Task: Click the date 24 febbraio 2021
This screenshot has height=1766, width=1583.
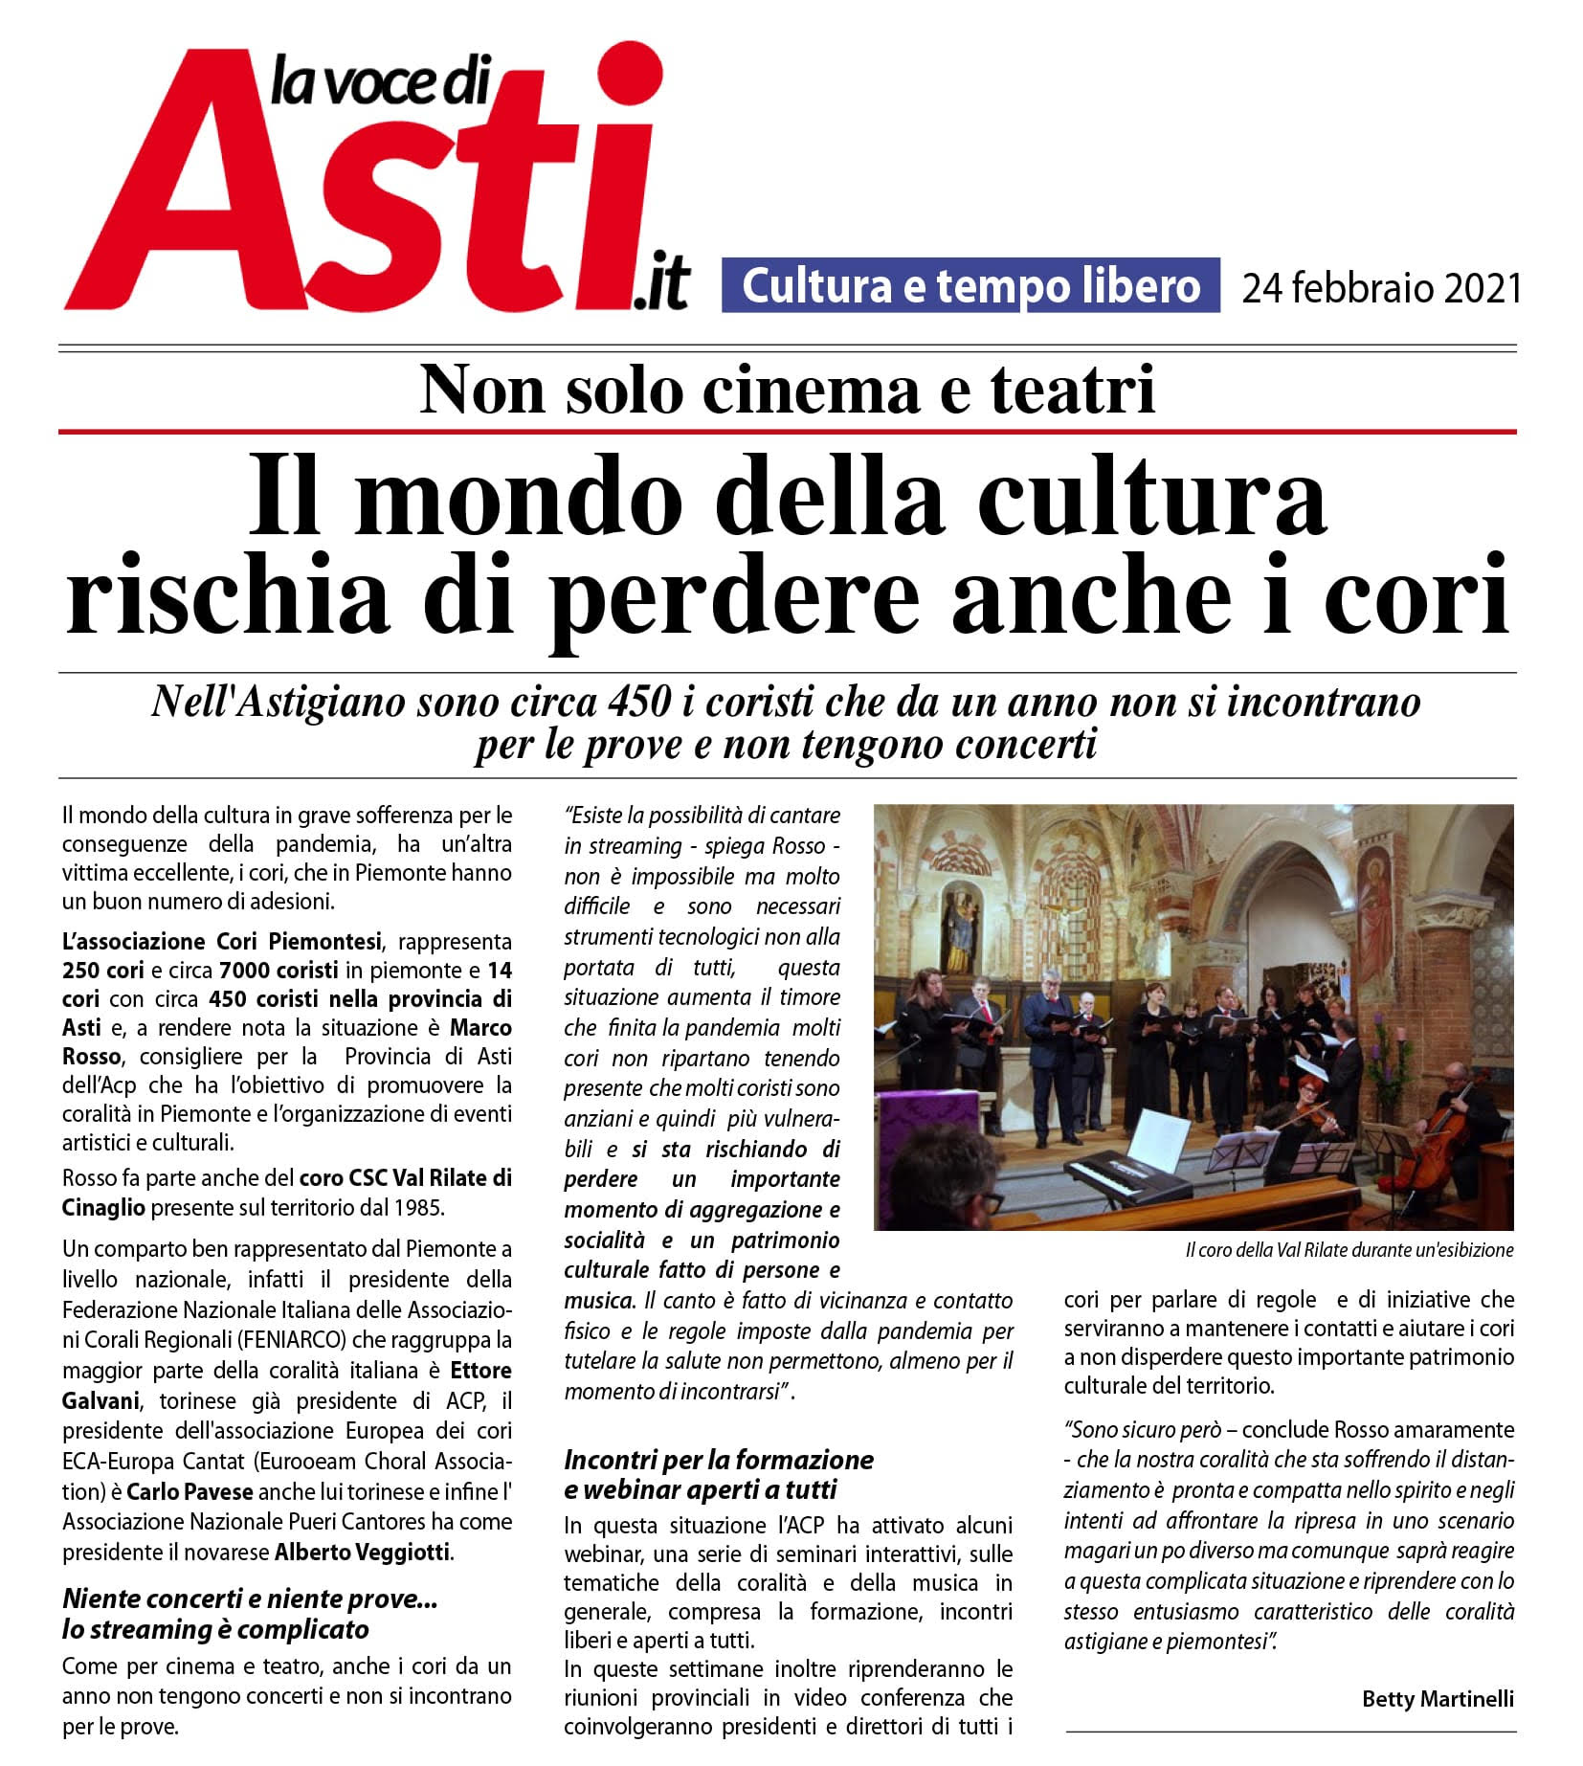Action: pos(1381,287)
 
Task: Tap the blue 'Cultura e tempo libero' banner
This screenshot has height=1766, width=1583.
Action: pos(970,285)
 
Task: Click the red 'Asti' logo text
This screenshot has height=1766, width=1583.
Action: pos(364,191)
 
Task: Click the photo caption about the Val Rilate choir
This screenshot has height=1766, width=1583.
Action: pos(1349,1250)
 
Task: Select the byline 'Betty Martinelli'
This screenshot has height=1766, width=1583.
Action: pos(1438,1699)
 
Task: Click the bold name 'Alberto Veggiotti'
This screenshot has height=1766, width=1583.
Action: pos(362,1552)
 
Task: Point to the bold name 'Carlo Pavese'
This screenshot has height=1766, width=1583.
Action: pos(190,1491)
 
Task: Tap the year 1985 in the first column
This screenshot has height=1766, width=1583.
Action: pos(419,1207)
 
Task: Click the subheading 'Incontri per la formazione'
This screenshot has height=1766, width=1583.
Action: pos(719,1460)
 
